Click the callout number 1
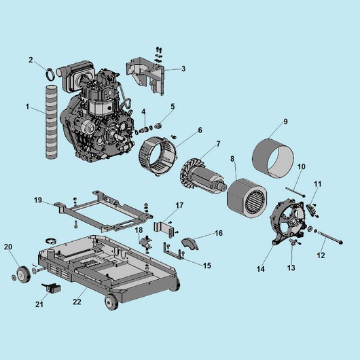28,107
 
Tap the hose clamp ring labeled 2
50,74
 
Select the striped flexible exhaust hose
52,122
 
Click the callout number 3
183,69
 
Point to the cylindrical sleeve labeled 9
273,158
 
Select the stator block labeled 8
247,198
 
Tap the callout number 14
261,269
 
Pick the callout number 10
302,166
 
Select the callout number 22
77,302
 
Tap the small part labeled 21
52,288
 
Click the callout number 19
38,200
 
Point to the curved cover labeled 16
190,244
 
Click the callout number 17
179,205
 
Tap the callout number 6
200,130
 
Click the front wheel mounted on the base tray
111,302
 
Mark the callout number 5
173,107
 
